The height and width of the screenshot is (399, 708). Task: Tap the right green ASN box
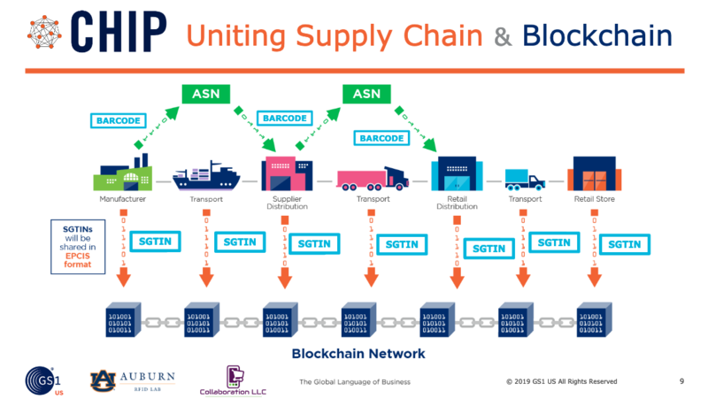(x=366, y=93)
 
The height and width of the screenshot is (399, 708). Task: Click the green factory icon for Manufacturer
(x=121, y=173)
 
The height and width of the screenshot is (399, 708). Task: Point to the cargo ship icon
(x=204, y=174)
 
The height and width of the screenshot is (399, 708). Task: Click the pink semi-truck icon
(x=372, y=176)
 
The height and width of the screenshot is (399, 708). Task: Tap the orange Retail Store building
(x=594, y=173)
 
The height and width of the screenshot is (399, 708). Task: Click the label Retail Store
(x=594, y=200)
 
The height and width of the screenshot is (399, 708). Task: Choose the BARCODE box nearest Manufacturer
(x=118, y=119)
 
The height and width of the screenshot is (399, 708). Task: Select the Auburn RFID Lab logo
(x=132, y=380)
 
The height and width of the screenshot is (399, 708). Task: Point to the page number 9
(x=681, y=381)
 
